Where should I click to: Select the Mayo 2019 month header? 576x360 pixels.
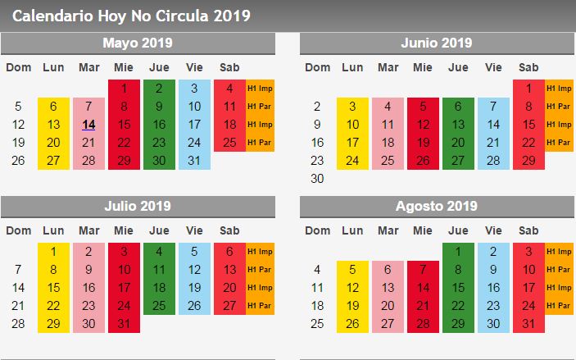click(138, 43)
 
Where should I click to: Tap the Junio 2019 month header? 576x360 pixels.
click(437, 43)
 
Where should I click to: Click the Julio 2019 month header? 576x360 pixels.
click(138, 207)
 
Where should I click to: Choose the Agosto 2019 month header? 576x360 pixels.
click(437, 207)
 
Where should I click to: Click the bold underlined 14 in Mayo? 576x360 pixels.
click(89, 125)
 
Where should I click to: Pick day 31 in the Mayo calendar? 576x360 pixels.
click(194, 161)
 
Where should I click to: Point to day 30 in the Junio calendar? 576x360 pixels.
click(317, 178)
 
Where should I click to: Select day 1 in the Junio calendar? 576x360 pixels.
click(529, 89)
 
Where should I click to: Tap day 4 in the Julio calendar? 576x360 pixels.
click(159, 252)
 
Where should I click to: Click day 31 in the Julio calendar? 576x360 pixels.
click(124, 323)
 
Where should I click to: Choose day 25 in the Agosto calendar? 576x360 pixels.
click(317, 323)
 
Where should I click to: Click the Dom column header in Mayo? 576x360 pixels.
click(18, 67)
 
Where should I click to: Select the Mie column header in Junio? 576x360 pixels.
click(423, 67)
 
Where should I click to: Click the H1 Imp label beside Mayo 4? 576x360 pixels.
click(260, 89)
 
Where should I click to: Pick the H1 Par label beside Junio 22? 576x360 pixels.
click(559, 143)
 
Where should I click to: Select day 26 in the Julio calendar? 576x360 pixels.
click(194, 305)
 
